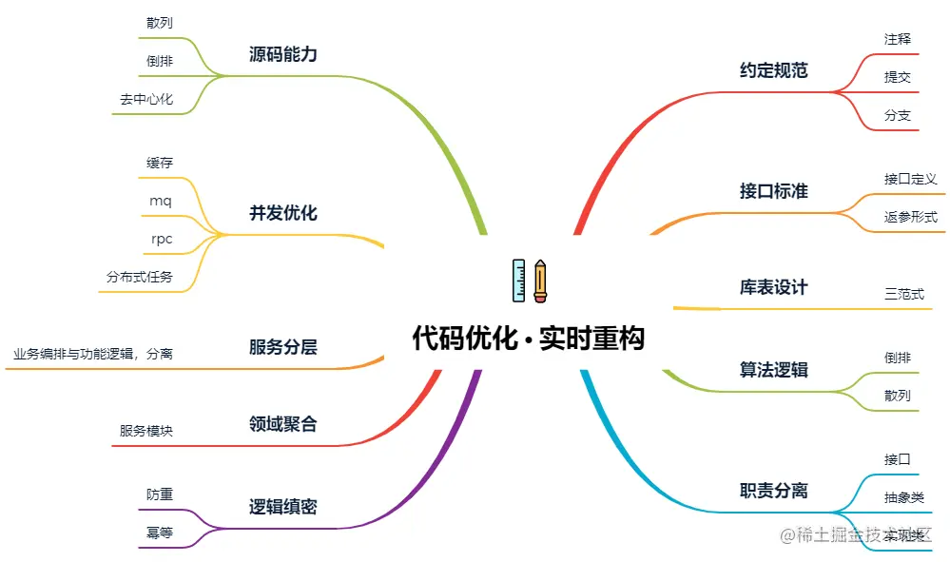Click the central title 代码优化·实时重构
[528, 339]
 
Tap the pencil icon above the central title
[540, 281]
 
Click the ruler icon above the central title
[518, 281]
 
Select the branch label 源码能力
[282, 54]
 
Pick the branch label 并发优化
[282, 213]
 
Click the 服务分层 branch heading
[282, 347]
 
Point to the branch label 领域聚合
[282, 424]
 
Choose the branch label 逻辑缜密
[282, 507]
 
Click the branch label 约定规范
[773, 70]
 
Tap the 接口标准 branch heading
[773, 191]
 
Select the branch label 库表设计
[773, 287]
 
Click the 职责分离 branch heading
[773, 491]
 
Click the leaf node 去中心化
[146, 98]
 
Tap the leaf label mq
[161, 201]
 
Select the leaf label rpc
[162, 239]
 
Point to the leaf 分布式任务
[140, 277]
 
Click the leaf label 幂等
[160, 533]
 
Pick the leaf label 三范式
[903, 294]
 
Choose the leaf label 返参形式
[910, 217]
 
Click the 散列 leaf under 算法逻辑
[897, 395]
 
